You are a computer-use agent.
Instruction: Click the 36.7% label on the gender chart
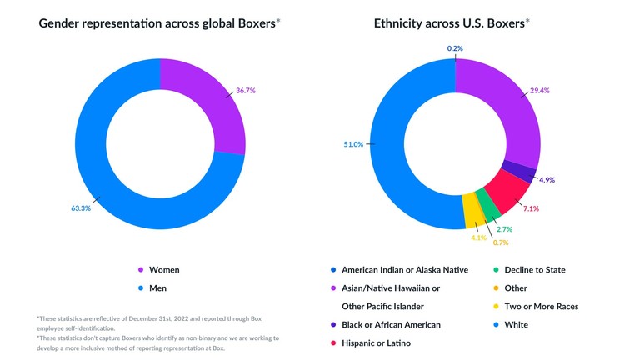click(x=244, y=90)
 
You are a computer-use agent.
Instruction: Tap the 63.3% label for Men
click(x=81, y=207)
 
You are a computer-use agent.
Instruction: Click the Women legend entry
click(x=164, y=270)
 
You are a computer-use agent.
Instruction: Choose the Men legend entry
click(x=159, y=288)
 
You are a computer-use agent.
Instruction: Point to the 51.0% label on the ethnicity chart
click(x=353, y=144)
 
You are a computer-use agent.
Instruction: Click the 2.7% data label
click(x=502, y=228)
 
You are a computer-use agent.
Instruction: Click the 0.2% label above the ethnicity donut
click(x=455, y=48)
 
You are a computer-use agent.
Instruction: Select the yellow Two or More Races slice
click(x=472, y=207)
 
